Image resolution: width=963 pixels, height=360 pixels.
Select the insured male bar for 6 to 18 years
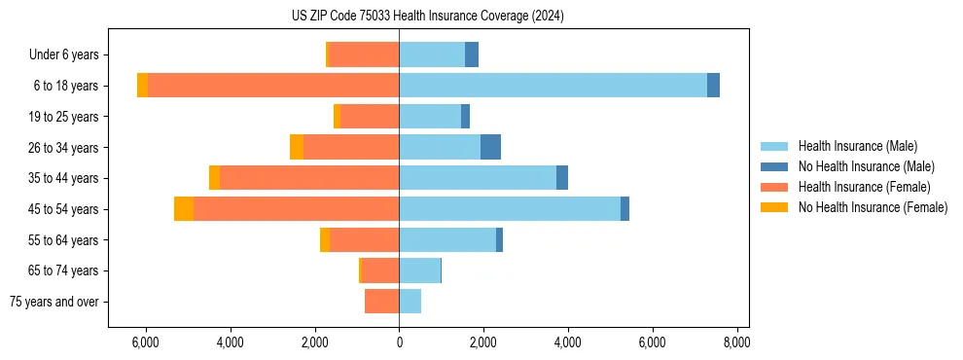[553, 86]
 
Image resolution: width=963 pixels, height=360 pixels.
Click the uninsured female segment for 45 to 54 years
[184, 209]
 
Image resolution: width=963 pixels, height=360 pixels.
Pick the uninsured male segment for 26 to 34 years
[490, 147]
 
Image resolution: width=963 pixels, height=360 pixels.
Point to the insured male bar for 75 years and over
[410, 302]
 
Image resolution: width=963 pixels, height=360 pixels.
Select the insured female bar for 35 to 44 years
[309, 178]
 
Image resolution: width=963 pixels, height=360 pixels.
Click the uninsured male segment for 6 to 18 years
[713, 86]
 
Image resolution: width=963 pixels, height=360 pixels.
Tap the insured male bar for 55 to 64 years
[447, 240]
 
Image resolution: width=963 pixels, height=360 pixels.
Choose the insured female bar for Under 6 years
[364, 55]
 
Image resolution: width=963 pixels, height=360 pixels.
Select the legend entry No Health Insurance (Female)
[873, 207]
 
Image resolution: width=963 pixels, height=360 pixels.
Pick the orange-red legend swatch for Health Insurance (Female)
[775, 187]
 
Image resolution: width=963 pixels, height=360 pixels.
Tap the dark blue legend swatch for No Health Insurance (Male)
[775, 166]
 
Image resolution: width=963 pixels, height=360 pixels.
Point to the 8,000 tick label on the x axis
[736, 342]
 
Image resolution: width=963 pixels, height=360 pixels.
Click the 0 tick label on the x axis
[399, 342]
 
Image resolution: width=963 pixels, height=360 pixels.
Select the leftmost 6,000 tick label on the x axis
[146, 342]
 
